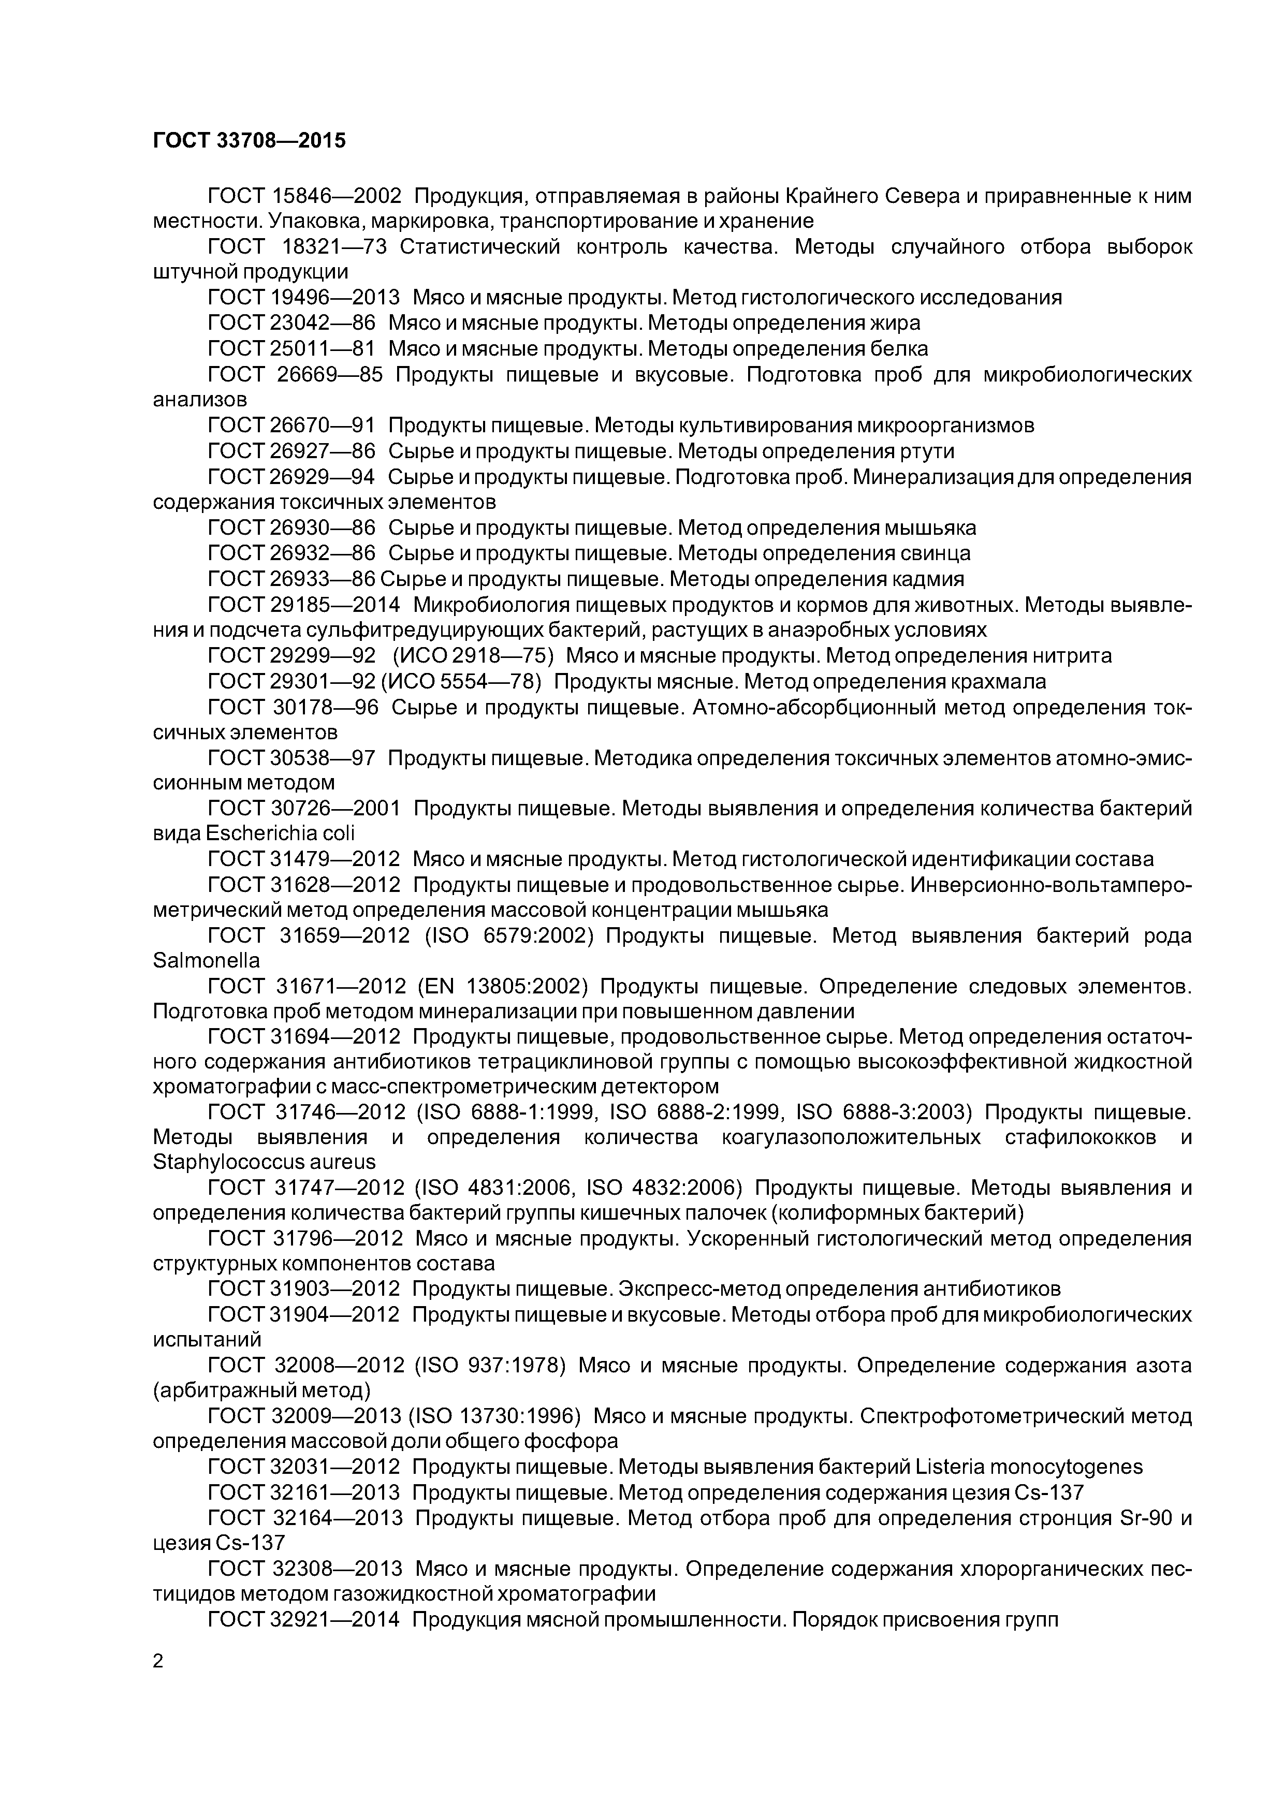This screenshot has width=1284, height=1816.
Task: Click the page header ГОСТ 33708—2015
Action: pos(249,141)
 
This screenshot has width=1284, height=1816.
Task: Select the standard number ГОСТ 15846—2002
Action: pos(304,195)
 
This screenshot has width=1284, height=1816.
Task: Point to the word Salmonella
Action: pos(206,961)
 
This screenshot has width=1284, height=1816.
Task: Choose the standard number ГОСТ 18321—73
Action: pos(297,247)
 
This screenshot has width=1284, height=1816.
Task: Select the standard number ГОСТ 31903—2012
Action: pos(304,1289)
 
